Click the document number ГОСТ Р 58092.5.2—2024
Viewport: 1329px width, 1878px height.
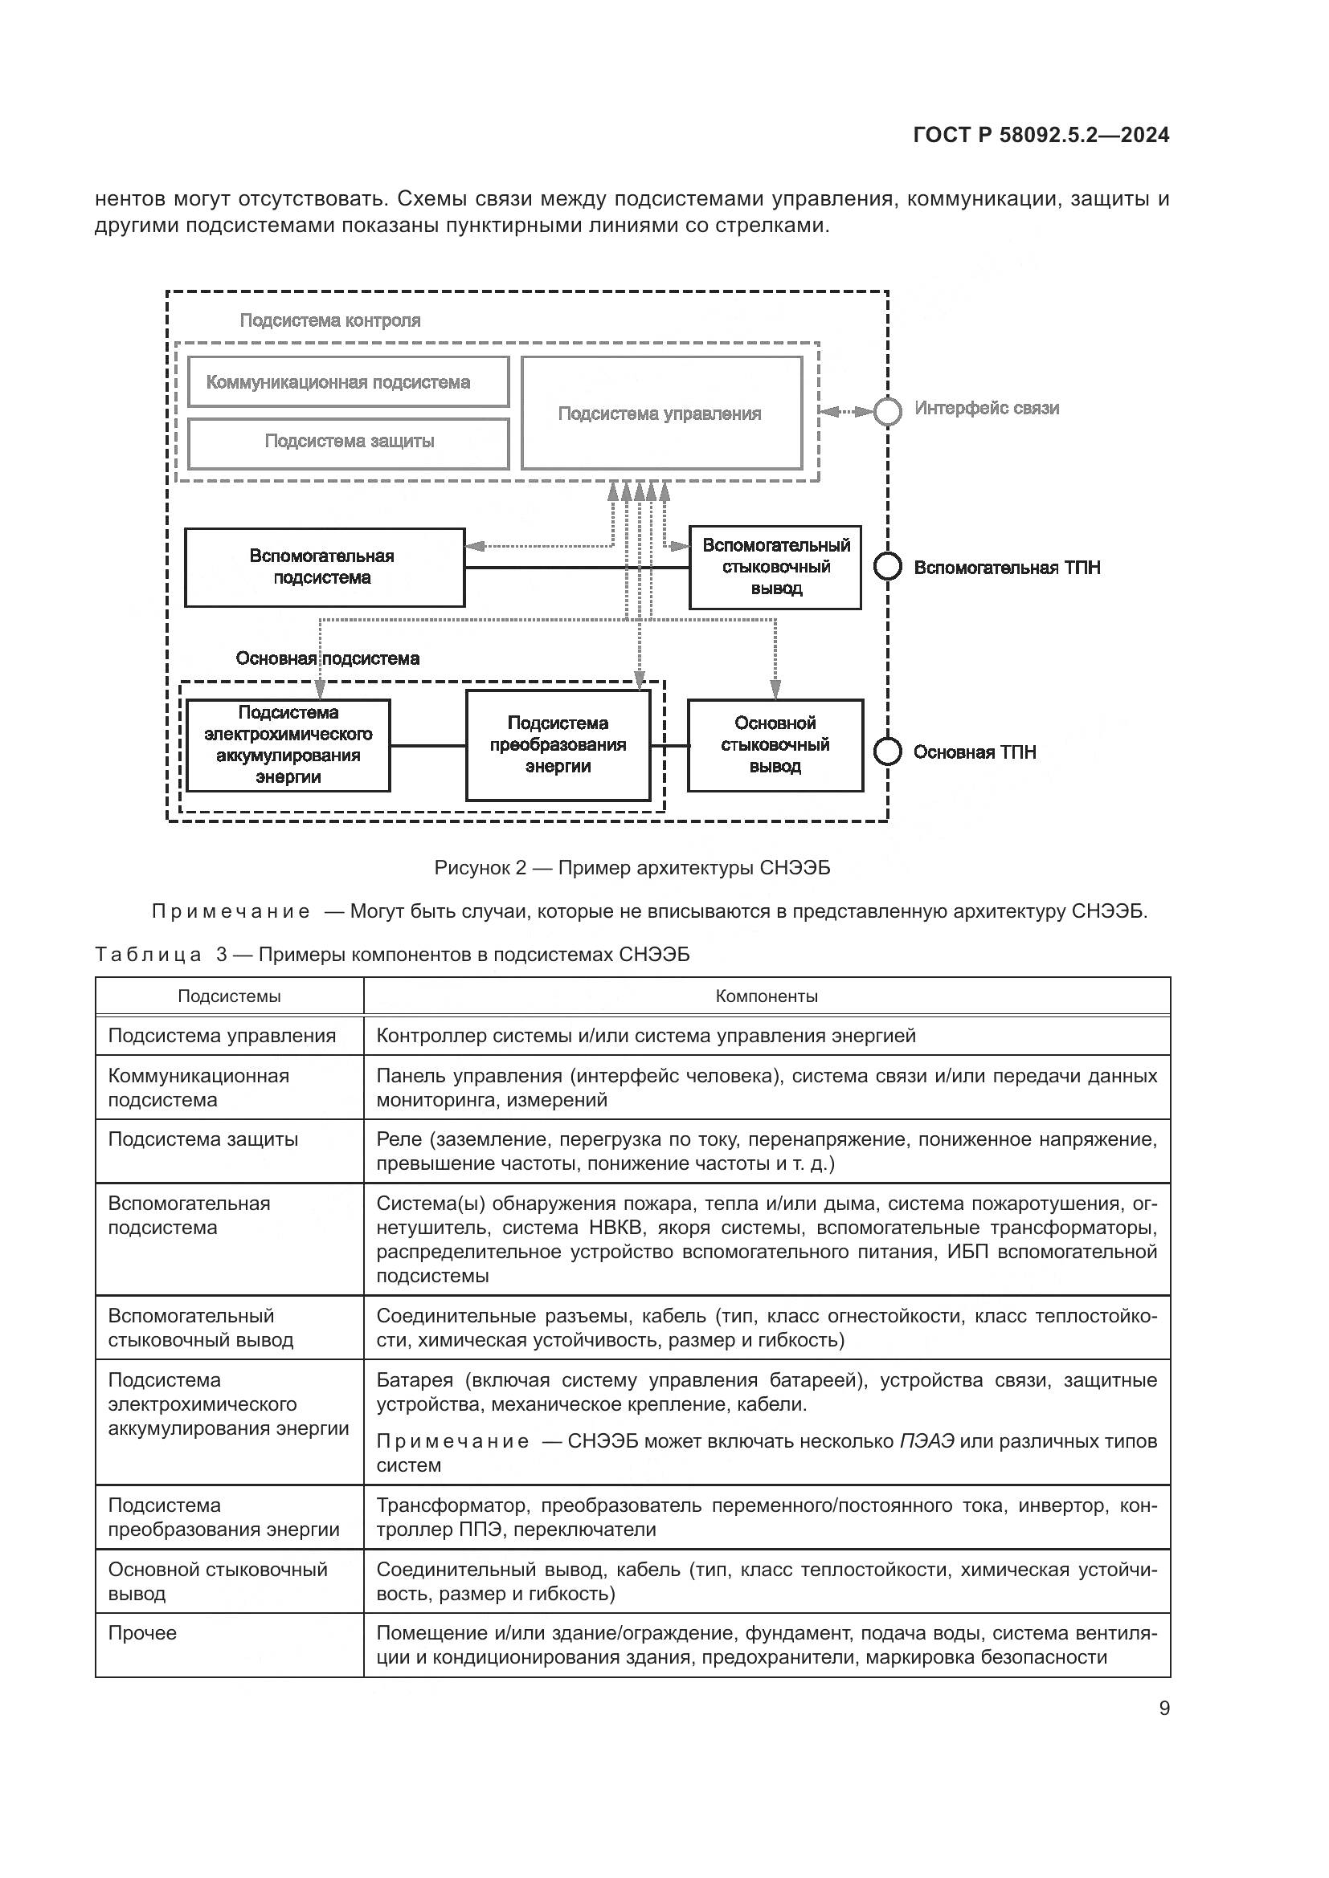(x=1041, y=136)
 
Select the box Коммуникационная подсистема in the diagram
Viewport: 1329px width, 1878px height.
(x=348, y=382)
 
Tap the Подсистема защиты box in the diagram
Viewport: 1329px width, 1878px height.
(x=348, y=442)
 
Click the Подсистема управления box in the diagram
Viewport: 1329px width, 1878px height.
(x=661, y=413)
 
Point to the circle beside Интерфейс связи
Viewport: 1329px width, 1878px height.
(x=888, y=411)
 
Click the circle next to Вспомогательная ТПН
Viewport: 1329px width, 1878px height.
(x=888, y=566)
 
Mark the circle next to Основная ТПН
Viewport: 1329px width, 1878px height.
(x=888, y=751)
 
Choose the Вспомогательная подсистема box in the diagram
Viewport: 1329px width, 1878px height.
(x=324, y=567)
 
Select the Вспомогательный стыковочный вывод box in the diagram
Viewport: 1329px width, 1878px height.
(x=775, y=567)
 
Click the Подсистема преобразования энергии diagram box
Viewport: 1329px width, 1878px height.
(x=558, y=744)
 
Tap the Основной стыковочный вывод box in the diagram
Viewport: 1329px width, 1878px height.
(x=775, y=744)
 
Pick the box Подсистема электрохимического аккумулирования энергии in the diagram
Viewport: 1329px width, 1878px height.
(x=288, y=744)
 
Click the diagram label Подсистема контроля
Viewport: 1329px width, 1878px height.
(x=329, y=320)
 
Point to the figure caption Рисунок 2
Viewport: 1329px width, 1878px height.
(x=632, y=868)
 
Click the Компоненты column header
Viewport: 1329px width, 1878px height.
(x=766, y=996)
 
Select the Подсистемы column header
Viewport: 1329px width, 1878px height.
(x=229, y=996)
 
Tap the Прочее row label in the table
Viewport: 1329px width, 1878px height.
(x=142, y=1632)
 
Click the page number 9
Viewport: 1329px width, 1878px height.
(x=1163, y=1708)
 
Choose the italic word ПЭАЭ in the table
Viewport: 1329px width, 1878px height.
(x=926, y=1441)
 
